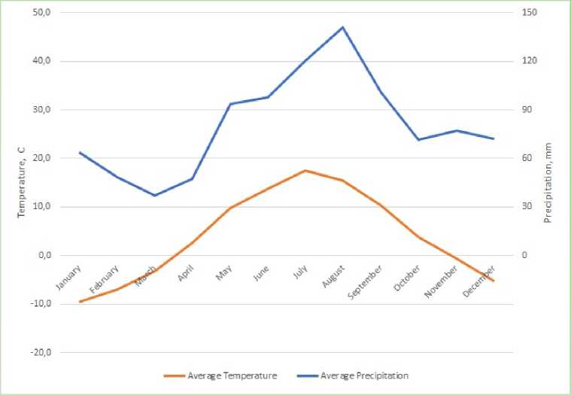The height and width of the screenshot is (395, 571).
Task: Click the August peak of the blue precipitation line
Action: click(x=342, y=27)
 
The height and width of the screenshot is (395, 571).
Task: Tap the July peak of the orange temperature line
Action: click(x=305, y=171)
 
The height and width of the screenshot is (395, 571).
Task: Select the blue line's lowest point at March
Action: click(x=155, y=196)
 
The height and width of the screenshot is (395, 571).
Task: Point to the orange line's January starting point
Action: click(x=80, y=302)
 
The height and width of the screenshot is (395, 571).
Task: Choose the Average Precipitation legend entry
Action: click(x=363, y=375)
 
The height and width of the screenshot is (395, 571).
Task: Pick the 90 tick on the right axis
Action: click(x=528, y=110)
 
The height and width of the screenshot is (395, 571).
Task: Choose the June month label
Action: click(x=261, y=273)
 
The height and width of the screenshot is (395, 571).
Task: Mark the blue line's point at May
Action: click(x=230, y=104)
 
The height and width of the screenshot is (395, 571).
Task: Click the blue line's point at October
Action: click(x=418, y=140)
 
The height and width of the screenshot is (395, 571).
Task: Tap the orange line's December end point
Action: click(x=494, y=281)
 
